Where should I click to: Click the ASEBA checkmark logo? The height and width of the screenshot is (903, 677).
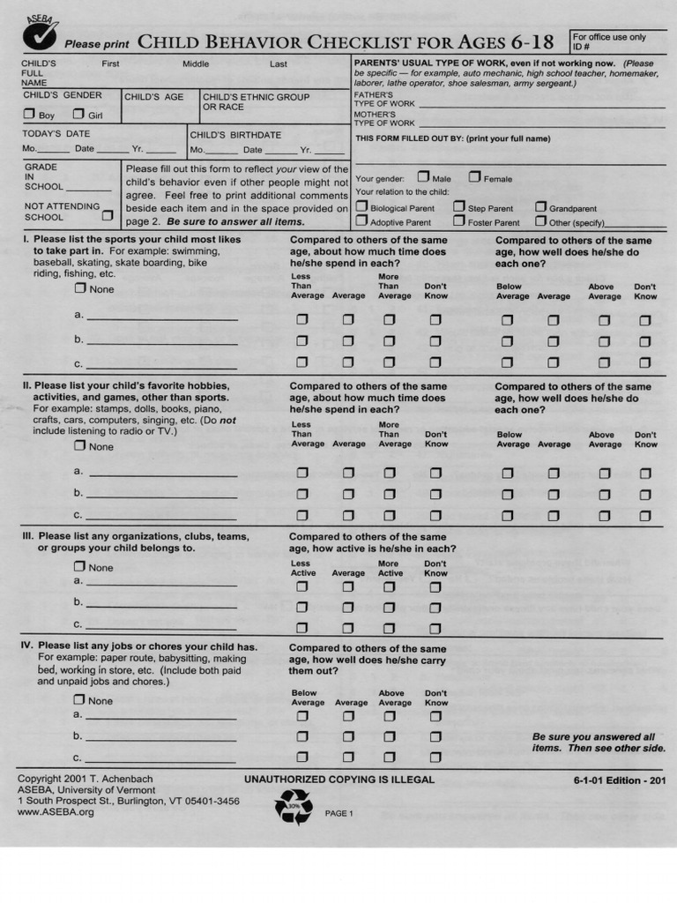point(40,33)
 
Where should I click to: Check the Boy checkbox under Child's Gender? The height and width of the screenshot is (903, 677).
point(29,114)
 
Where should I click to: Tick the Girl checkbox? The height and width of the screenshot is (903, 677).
point(78,114)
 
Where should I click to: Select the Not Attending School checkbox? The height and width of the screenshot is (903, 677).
point(108,214)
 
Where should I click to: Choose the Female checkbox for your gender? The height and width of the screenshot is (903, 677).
point(474,177)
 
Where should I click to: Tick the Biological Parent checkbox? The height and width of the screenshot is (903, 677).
point(361,207)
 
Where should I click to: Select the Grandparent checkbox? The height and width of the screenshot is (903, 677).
point(540,207)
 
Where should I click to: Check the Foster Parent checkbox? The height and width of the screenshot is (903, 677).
point(459,221)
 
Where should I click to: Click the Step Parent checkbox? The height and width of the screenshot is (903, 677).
point(459,207)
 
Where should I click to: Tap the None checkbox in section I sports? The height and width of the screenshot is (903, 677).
point(80,288)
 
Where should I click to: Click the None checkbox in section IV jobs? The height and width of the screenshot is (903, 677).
point(79,699)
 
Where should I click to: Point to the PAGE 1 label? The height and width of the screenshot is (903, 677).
point(338,813)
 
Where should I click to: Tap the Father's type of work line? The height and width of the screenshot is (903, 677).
point(541,104)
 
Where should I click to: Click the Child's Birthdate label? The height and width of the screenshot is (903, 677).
point(235,135)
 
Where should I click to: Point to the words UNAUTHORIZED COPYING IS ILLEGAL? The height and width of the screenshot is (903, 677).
point(339,780)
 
